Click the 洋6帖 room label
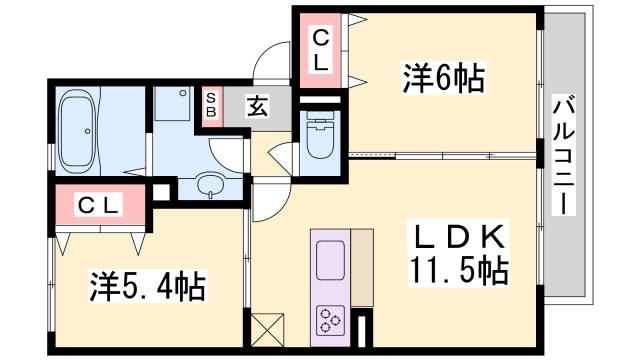442,77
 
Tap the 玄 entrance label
256,104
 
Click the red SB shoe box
212,104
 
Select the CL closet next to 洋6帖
320,51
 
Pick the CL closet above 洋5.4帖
100,206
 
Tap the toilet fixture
321,140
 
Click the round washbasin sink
211,184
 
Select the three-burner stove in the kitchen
331,322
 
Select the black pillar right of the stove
363,329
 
